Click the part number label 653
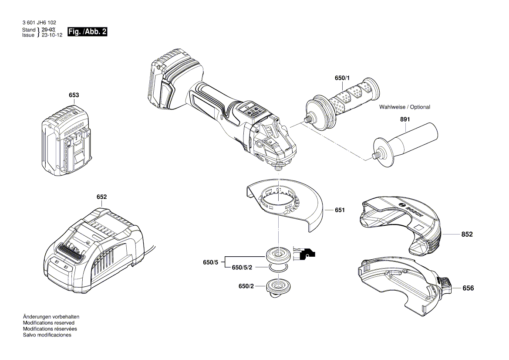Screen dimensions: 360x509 (x=74, y=95)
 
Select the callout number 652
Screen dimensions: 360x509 (x=101, y=197)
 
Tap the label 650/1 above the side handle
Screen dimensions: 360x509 (x=342, y=78)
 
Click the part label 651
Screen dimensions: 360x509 (x=340, y=211)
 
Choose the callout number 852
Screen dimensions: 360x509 (x=467, y=234)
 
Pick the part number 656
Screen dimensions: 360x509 (x=468, y=289)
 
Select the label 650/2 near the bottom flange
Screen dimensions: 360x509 (x=246, y=286)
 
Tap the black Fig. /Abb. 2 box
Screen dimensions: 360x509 (x=87, y=32)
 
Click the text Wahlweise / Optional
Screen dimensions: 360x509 (x=405, y=107)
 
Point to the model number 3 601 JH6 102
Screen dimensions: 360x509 (x=39, y=23)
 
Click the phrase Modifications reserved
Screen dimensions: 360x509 (x=48, y=323)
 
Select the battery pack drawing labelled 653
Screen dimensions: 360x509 (x=65, y=142)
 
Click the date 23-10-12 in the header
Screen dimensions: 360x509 (x=52, y=35)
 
